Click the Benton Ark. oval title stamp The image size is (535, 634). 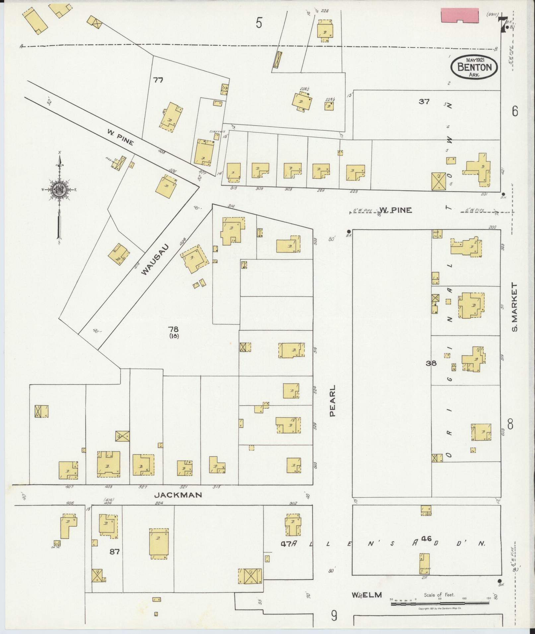click(474, 67)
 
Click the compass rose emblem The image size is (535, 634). click(59, 190)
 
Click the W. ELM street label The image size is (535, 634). click(367, 595)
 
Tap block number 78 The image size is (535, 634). click(173, 329)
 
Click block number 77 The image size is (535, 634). click(158, 80)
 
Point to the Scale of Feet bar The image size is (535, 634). click(439, 604)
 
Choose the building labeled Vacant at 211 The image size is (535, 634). click(424, 563)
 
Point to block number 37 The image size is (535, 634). click(424, 102)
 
